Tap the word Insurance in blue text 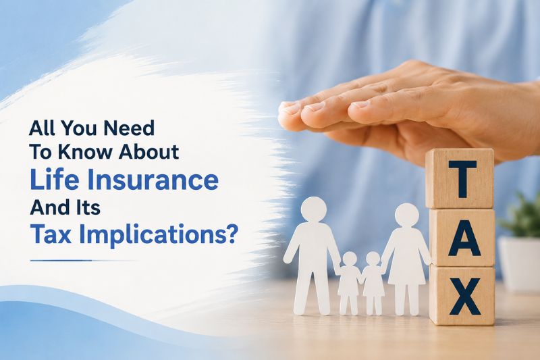click(x=146, y=180)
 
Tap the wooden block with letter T click(x=460, y=179)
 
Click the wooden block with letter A click(x=463, y=238)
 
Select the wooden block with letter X click(x=462, y=296)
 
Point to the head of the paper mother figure click(x=407, y=215)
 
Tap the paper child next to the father click(x=349, y=284)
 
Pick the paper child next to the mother click(x=373, y=284)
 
